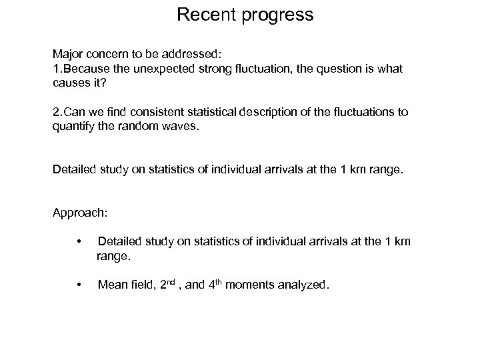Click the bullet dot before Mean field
[x=79, y=285]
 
